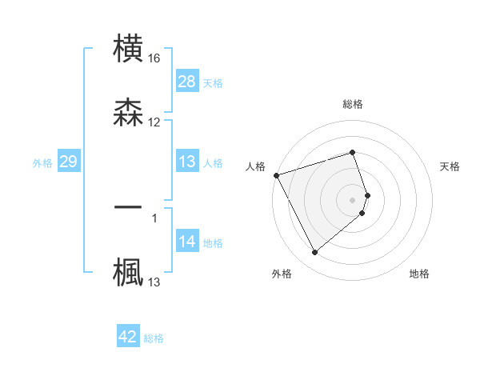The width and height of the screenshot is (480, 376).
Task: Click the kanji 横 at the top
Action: pos(128,49)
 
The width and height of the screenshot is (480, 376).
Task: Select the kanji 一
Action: pos(128,206)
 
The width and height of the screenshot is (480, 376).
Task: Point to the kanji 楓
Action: pos(128,271)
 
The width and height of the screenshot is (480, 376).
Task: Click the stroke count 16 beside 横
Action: pos(154,58)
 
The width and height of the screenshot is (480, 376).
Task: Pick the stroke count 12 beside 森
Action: pos(154,122)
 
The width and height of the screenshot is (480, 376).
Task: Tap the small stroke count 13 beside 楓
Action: pos(154,282)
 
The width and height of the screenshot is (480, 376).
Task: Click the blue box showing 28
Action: pos(187,82)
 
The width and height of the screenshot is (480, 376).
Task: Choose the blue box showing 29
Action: pos(69,162)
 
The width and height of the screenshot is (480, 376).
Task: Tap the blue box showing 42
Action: pos(128,338)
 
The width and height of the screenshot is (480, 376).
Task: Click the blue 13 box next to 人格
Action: pos(187,162)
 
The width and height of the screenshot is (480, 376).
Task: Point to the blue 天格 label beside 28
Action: pos(213,82)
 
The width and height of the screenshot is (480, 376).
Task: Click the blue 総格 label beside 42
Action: pos(154,338)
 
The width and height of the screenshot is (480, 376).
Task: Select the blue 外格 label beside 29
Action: pos(42,163)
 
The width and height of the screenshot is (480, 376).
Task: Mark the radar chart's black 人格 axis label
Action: pos(255,166)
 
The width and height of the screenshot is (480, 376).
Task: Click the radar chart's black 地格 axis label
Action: pos(419,274)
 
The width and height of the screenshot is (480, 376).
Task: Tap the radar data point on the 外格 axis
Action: pos(314,253)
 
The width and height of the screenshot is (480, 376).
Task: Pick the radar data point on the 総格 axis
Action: pos(353,152)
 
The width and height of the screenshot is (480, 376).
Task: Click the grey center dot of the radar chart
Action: pos(353,199)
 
